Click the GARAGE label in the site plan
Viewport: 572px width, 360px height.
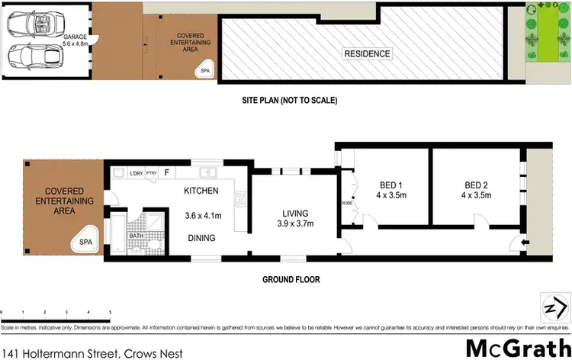[75, 37]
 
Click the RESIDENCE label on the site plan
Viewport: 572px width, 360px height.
[367, 54]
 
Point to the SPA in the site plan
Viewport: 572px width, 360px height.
[204, 70]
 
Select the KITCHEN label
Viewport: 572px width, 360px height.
[201, 191]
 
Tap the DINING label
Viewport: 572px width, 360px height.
[201, 238]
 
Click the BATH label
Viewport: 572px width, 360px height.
[137, 235]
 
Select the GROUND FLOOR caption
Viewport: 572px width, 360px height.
[291, 280]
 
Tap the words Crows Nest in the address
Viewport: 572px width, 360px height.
[153, 353]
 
